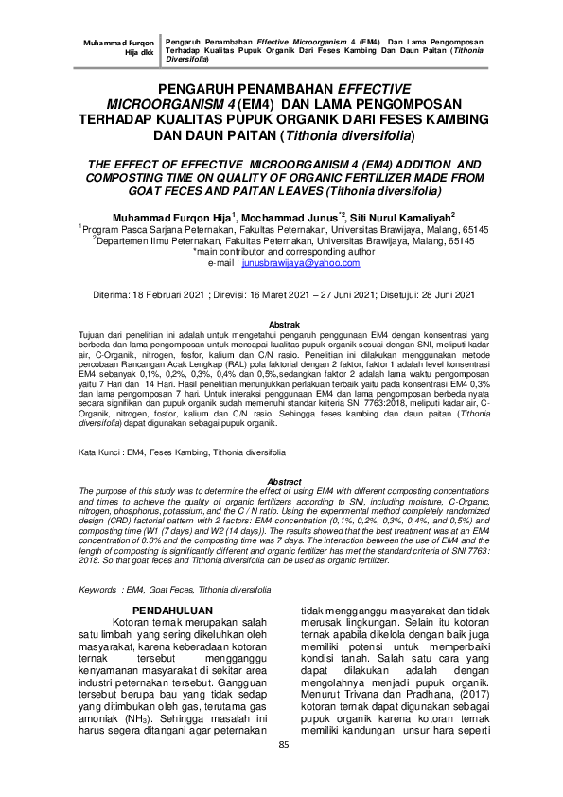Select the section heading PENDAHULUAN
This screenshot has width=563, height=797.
click(x=173, y=610)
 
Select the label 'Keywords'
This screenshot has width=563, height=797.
click(x=97, y=589)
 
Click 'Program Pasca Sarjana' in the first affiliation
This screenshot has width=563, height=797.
click(x=131, y=230)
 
